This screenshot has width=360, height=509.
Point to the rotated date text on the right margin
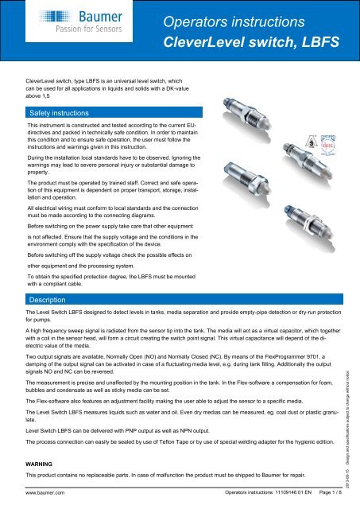click(x=350, y=433)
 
